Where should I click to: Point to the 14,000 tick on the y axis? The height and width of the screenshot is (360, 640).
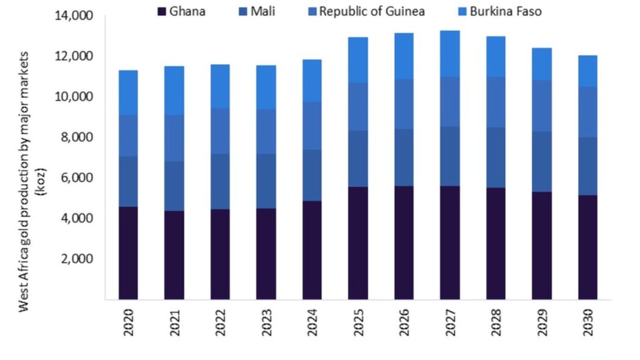(x=73, y=16)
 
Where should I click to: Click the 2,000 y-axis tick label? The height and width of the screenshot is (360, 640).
(x=76, y=259)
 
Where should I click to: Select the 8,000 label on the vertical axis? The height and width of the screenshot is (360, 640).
(x=76, y=137)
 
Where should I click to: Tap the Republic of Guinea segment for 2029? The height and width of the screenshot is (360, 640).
(x=542, y=106)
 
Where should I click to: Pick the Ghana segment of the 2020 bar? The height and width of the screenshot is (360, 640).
(x=128, y=253)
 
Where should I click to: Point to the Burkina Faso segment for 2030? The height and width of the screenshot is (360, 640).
(x=587, y=71)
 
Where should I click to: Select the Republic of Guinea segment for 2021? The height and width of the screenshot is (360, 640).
(x=174, y=138)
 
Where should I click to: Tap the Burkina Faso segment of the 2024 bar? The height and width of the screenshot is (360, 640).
(x=312, y=81)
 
